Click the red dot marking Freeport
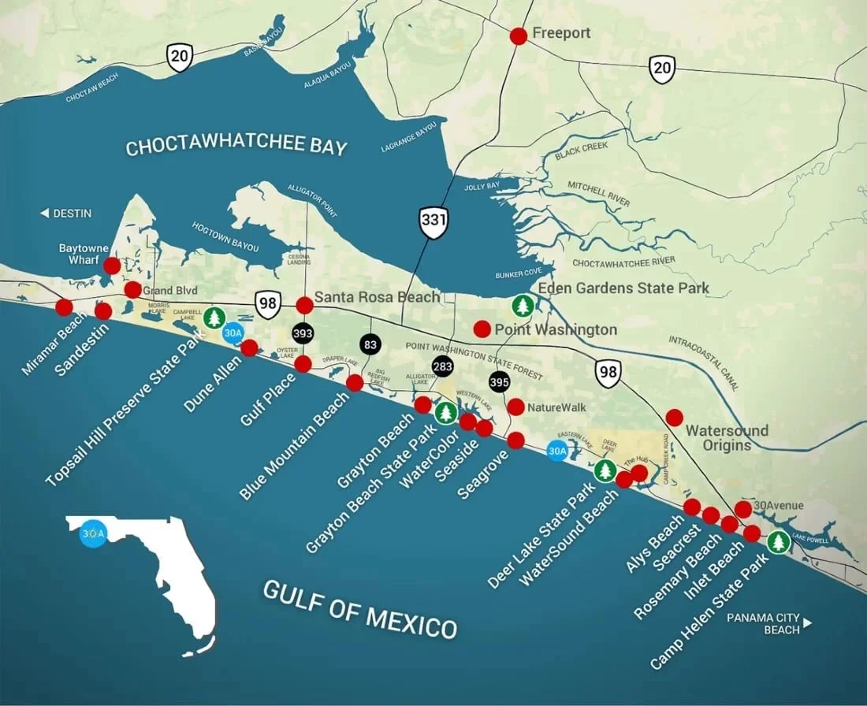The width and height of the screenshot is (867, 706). (518, 35)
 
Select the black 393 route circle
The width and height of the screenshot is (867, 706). (303, 334)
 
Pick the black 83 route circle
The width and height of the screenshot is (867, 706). (370, 344)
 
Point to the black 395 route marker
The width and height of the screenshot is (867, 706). (499, 381)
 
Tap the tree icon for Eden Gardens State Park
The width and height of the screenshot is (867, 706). (523, 305)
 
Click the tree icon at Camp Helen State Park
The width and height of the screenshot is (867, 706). (779, 542)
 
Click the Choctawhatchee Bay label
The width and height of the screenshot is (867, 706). (236, 147)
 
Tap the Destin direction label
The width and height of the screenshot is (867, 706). (66, 214)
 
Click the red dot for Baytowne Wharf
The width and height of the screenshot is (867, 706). (112, 266)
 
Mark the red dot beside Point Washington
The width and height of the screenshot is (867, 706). (482, 328)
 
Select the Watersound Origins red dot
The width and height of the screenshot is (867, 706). (674, 417)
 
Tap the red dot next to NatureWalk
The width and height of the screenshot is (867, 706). (515, 407)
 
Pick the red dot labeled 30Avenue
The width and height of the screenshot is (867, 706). (742, 508)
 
